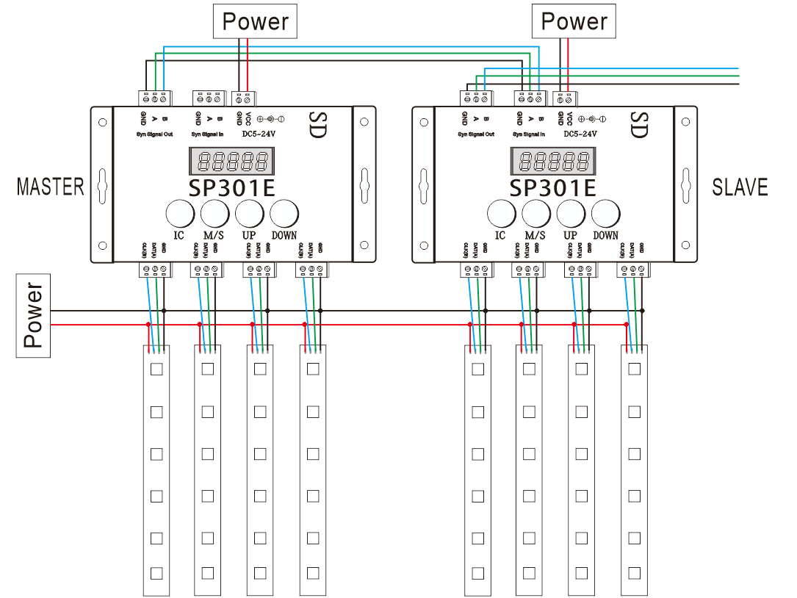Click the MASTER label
tap(50, 187)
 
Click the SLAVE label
tap(740, 187)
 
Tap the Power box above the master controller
tap(256, 21)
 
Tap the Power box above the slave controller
tap(574, 21)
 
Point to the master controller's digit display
tap(231, 161)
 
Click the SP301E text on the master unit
tap(231, 188)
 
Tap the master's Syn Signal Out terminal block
tap(155, 97)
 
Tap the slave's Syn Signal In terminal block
tap(529, 97)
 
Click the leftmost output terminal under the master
tap(155, 270)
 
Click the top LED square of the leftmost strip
tap(156, 369)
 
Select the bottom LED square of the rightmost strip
tap(634, 572)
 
